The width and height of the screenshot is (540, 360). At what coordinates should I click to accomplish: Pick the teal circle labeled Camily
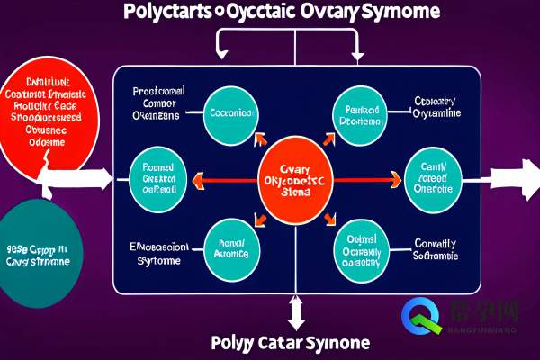coord(434,176)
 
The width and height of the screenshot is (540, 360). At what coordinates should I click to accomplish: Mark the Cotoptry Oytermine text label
coord(436,107)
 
